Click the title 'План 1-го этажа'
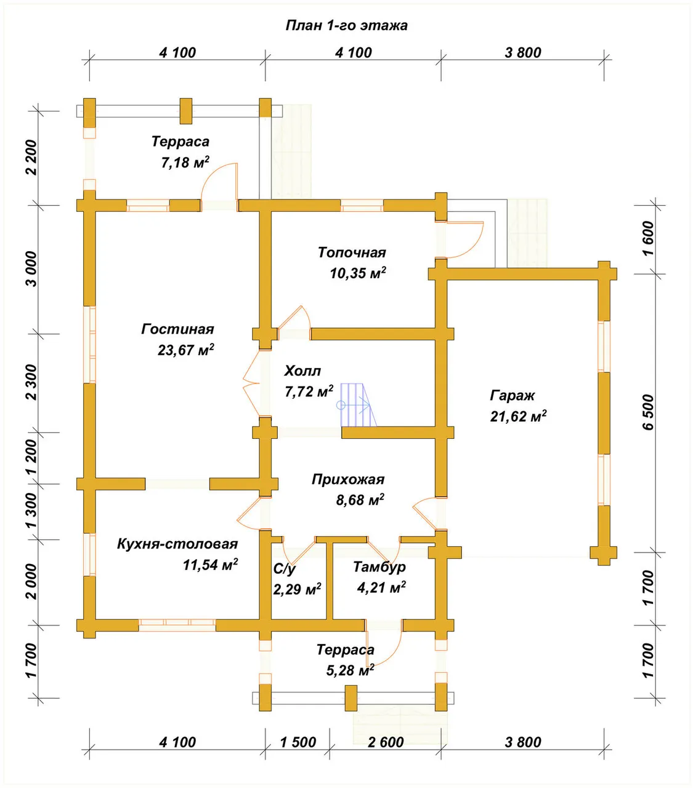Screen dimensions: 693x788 pos(347,26)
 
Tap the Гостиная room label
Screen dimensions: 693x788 pos(178,329)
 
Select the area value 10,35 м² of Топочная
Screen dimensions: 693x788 pos(358,273)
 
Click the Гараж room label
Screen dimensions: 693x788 pos(512,396)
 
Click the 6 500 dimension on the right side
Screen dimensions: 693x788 pos(649,412)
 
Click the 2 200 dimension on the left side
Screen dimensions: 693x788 pos(32,157)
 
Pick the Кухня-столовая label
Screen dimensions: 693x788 pos(177,544)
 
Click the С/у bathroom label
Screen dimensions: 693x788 pos(285,569)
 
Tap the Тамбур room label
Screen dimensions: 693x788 pos(379,567)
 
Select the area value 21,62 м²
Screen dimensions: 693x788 pos(518,416)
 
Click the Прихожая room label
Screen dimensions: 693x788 pos(348,480)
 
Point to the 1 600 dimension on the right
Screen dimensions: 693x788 pos(649,238)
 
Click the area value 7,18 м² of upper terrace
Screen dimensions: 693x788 pos(185,162)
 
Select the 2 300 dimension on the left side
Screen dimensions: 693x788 pos(32,382)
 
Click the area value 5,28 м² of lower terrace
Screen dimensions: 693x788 pos(351,670)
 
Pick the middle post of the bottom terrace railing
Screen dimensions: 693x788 pos(351,698)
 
